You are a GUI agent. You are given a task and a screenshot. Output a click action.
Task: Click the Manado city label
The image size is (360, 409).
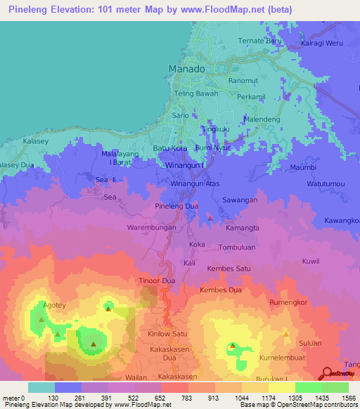pyautogui.click(x=187, y=69)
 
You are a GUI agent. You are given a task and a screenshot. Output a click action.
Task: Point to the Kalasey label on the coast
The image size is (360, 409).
pyautogui.click(x=15, y=141)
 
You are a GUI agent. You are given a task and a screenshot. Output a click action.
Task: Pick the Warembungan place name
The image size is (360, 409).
pyautogui.click(x=150, y=228)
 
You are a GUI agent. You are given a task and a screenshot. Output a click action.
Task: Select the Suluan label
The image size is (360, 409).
pyautogui.click(x=310, y=344)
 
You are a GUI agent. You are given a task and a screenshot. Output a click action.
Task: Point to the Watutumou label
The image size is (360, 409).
pyautogui.click(x=326, y=184)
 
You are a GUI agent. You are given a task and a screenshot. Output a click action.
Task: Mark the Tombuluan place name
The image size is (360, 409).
pyautogui.click(x=241, y=247)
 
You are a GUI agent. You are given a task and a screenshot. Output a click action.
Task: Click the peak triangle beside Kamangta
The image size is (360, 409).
pyautogui.click(x=210, y=220)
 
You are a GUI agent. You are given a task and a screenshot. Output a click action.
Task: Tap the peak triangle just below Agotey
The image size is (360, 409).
pyautogui.click(x=41, y=319)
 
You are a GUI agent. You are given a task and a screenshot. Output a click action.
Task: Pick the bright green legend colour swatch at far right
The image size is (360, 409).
pyautogui.click(x=335, y=387)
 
